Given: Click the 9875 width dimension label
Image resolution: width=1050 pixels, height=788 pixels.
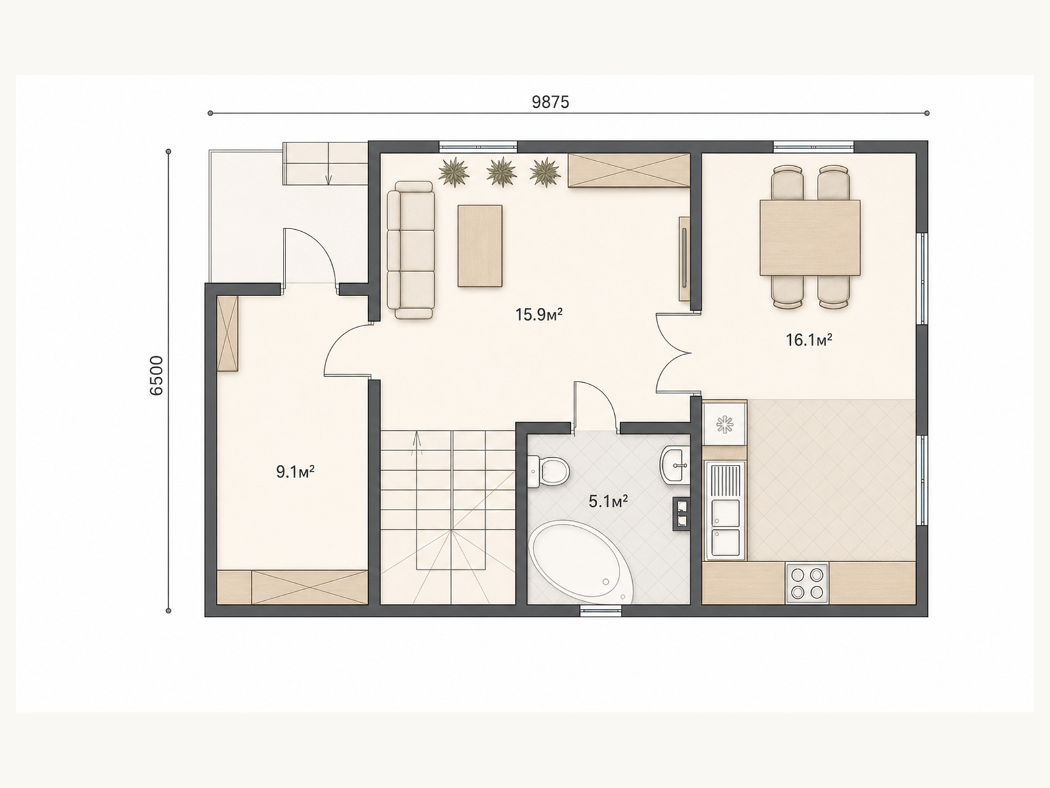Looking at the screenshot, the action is tap(551, 102).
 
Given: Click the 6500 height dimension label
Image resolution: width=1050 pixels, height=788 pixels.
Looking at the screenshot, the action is tap(156, 376).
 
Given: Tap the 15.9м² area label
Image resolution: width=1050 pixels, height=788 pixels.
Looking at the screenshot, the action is tap(539, 315).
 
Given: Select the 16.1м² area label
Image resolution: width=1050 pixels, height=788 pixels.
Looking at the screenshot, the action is tap(809, 339).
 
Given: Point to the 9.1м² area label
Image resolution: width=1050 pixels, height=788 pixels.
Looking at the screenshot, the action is tap(295, 471).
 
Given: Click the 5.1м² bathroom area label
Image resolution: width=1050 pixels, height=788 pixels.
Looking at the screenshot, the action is tap(608, 502).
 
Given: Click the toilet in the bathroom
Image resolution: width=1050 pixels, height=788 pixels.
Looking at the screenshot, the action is tap(548, 471).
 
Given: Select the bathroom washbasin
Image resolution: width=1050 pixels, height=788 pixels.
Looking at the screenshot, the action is tap(675, 465).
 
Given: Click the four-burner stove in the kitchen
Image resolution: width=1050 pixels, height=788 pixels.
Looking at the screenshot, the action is tap(807, 582).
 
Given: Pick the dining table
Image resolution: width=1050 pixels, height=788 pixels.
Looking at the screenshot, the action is tap(810, 238).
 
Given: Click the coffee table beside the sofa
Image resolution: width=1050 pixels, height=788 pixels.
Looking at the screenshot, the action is tap(480, 246).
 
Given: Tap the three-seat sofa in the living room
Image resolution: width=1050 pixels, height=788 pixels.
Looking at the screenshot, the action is tap(411, 250).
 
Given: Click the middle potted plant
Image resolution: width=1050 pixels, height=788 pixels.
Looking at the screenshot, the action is tap(501, 172).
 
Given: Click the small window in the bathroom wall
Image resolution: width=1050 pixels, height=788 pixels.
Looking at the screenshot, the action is tap(601, 611).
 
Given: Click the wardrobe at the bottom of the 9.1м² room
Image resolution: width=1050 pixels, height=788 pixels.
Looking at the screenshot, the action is tap(292, 587).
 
